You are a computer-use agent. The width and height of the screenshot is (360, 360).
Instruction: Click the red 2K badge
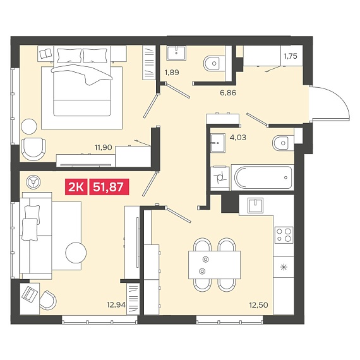coord(76,187)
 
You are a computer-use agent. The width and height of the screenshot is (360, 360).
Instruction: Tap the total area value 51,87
coord(109,187)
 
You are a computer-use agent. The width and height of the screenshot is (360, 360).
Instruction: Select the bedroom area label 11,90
coord(104,147)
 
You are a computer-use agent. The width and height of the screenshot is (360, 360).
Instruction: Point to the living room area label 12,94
coord(116,305)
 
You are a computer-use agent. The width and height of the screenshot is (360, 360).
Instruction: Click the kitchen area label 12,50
coord(259,305)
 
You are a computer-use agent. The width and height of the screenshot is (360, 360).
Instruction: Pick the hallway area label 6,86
coord(228,93)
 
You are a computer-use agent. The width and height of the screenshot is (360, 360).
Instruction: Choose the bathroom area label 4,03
coord(238,137)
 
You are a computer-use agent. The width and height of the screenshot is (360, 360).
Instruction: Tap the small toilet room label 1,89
coord(172,73)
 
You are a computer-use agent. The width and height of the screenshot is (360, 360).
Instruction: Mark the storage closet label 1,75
coord(291,56)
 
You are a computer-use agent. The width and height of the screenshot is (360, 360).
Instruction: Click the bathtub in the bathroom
coord(263,177)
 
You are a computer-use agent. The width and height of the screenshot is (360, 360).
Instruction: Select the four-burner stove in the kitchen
coord(284,235)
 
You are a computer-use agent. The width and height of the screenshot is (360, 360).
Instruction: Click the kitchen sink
coord(255,205)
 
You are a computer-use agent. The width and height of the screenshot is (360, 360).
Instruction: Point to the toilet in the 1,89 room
coord(214,63)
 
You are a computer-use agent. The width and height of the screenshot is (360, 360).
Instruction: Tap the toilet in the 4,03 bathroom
coord(283,143)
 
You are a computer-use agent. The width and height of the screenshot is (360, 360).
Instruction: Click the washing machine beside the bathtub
coord(220,178)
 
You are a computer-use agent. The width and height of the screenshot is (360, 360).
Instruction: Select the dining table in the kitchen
coord(215,265)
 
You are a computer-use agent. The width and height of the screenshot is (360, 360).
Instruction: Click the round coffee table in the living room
coord(76,253)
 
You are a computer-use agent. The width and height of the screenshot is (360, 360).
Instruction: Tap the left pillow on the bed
coord(69,56)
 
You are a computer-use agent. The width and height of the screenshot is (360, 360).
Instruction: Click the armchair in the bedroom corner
coord(33,149)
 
